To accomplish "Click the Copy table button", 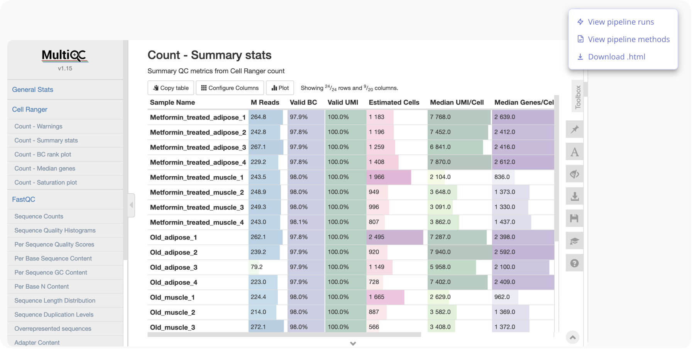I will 171,88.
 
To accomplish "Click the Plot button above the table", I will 280,88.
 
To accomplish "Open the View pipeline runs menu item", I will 620,22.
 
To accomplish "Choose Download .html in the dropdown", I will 616,57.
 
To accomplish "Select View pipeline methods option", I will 628,39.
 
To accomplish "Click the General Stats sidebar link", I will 32,90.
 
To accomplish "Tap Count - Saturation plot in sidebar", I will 46,183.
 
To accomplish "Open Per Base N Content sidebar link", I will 42,286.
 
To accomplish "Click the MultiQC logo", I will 65,56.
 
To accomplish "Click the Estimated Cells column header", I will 394,102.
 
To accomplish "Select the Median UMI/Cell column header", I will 457,102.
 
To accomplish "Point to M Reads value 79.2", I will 257,267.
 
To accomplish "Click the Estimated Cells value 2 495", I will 376,237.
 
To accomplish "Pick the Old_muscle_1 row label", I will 172,297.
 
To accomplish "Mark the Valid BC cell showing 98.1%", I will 299,222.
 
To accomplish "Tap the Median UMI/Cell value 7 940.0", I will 440,252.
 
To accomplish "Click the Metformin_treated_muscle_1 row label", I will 196,177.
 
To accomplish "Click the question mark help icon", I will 574,263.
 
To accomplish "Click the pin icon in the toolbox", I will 574,129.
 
